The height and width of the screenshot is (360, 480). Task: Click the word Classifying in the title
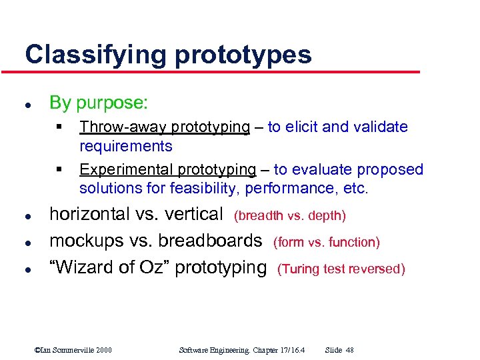(97, 54)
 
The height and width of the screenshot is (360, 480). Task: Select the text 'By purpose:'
(99, 103)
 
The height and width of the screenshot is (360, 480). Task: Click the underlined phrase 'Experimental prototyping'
(167, 170)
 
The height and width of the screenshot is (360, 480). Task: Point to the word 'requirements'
(126, 146)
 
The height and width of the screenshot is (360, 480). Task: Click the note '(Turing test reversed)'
(341, 269)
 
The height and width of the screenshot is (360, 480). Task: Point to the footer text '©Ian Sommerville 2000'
(73, 350)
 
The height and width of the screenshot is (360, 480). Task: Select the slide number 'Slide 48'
(339, 350)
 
